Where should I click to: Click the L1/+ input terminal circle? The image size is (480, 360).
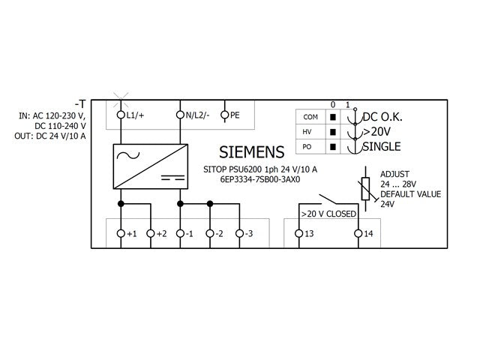(x=121, y=115)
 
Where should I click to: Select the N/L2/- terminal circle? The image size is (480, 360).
(x=180, y=115)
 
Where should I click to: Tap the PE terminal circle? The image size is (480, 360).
(x=225, y=115)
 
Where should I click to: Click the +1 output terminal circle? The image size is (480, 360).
(x=121, y=233)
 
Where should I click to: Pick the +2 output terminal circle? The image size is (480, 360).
(x=151, y=233)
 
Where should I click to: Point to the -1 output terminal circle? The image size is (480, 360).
(x=180, y=233)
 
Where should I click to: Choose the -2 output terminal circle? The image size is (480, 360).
(x=210, y=233)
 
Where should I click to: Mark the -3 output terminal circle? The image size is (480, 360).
(x=240, y=233)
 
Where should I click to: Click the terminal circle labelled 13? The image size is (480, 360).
(x=298, y=233)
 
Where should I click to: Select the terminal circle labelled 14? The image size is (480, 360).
(x=358, y=233)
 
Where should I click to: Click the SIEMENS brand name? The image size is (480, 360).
(x=252, y=152)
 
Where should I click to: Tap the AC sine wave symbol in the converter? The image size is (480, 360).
(x=128, y=155)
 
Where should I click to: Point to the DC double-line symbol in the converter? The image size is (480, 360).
(x=173, y=178)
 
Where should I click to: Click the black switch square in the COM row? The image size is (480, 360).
(x=333, y=117)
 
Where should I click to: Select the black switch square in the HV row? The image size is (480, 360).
(x=333, y=132)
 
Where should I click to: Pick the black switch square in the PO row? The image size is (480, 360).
(x=333, y=147)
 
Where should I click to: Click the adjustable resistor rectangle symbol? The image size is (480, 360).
(x=365, y=188)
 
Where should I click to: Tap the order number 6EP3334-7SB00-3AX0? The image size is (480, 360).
(x=260, y=179)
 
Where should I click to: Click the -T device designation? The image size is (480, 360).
(x=80, y=104)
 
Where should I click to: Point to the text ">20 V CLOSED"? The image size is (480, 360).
(x=328, y=214)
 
